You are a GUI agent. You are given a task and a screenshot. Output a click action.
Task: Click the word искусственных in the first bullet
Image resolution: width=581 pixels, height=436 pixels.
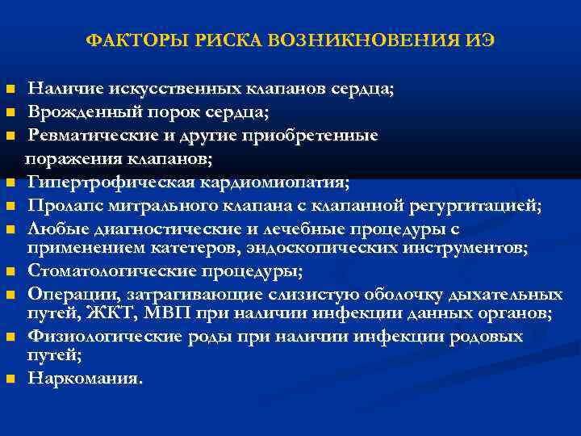coord(165,89)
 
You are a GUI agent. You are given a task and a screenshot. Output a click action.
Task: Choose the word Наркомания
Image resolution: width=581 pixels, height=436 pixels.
coord(84,377)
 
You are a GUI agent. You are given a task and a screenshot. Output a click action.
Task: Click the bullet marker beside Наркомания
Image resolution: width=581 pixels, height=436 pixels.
coord(10,378)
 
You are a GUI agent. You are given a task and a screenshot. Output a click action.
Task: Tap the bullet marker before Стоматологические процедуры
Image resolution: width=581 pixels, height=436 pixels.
coord(10,270)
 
